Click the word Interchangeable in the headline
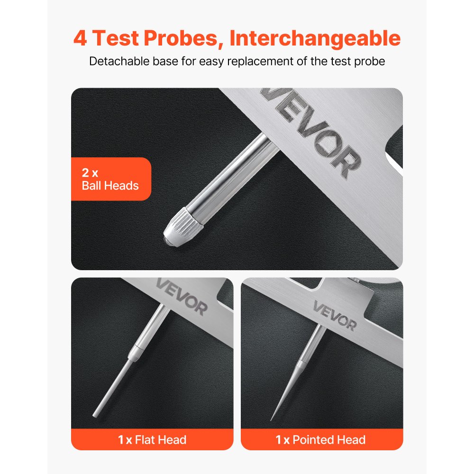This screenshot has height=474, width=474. pos(315,38)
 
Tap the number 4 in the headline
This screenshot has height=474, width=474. pos(80,38)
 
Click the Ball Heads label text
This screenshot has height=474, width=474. pos(110,185)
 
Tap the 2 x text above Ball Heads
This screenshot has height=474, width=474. pos(90,172)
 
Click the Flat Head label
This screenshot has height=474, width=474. pos(152,440)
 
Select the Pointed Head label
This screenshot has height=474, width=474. pos(321,440)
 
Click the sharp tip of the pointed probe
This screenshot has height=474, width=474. pos(272,420)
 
